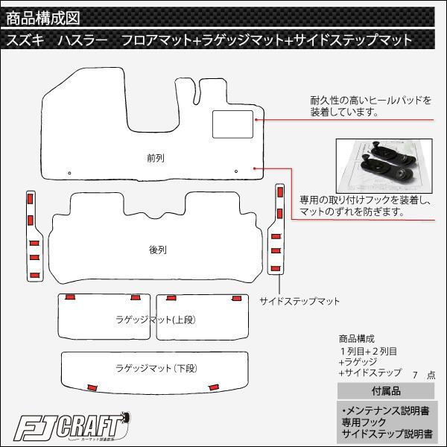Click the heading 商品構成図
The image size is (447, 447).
click(x=43, y=18)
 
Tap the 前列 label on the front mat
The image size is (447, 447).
click(x=156, y=158)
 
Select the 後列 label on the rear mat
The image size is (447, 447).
click(x=158, y=250)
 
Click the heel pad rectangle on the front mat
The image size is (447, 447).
click(x=232, y=124)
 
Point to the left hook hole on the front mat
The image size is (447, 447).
click(x=69, y=173)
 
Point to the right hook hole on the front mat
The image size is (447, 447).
click(x=236, y=171)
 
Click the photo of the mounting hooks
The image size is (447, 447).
click(x=384, y=165)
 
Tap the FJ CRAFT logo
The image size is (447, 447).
click(x=72, y=428)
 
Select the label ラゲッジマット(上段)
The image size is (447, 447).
click(x=156, y=320)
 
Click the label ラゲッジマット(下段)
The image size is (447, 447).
click(x=156, y=368)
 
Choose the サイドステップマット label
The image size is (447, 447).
click(x=299, y=301)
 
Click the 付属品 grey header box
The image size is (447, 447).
click(x=386, y=391)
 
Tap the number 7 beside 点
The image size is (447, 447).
click(x=416, y=375)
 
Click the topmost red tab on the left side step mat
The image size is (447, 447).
click(x=31, y=199)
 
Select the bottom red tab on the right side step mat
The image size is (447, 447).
click(x=276, y=268)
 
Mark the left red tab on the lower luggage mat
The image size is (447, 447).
click(x=92, y=387)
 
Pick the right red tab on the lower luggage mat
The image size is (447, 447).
click(x=214, y=387)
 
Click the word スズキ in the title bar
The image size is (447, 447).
click(x=25, y=40)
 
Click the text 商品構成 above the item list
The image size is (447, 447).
click(x=356, y=339)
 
